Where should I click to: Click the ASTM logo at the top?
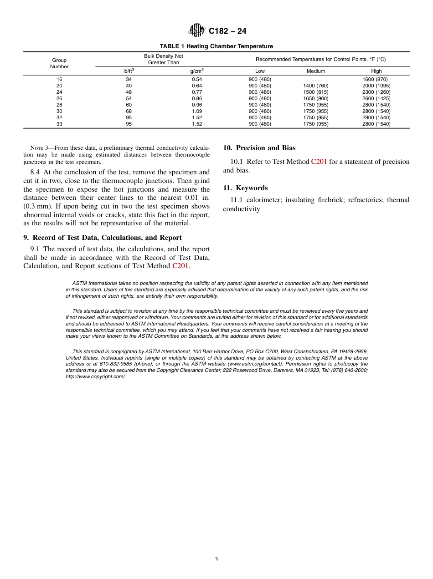197,31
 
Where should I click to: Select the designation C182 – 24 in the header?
227,31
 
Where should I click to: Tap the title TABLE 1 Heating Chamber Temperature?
216,46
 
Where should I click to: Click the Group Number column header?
59,63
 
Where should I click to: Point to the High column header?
376,71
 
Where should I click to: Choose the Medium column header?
315,71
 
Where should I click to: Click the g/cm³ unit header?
196,71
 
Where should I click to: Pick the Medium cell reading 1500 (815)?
315,92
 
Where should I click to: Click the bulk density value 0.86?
196,98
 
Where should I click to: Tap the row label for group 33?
59,124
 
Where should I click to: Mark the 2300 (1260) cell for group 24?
376,92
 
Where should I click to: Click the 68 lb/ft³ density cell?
129,111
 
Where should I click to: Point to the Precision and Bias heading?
259,148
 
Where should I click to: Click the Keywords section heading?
245,188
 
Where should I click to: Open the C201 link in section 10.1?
319,162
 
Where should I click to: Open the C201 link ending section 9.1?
180,266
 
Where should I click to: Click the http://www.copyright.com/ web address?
95,376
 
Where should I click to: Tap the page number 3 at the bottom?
216,559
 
